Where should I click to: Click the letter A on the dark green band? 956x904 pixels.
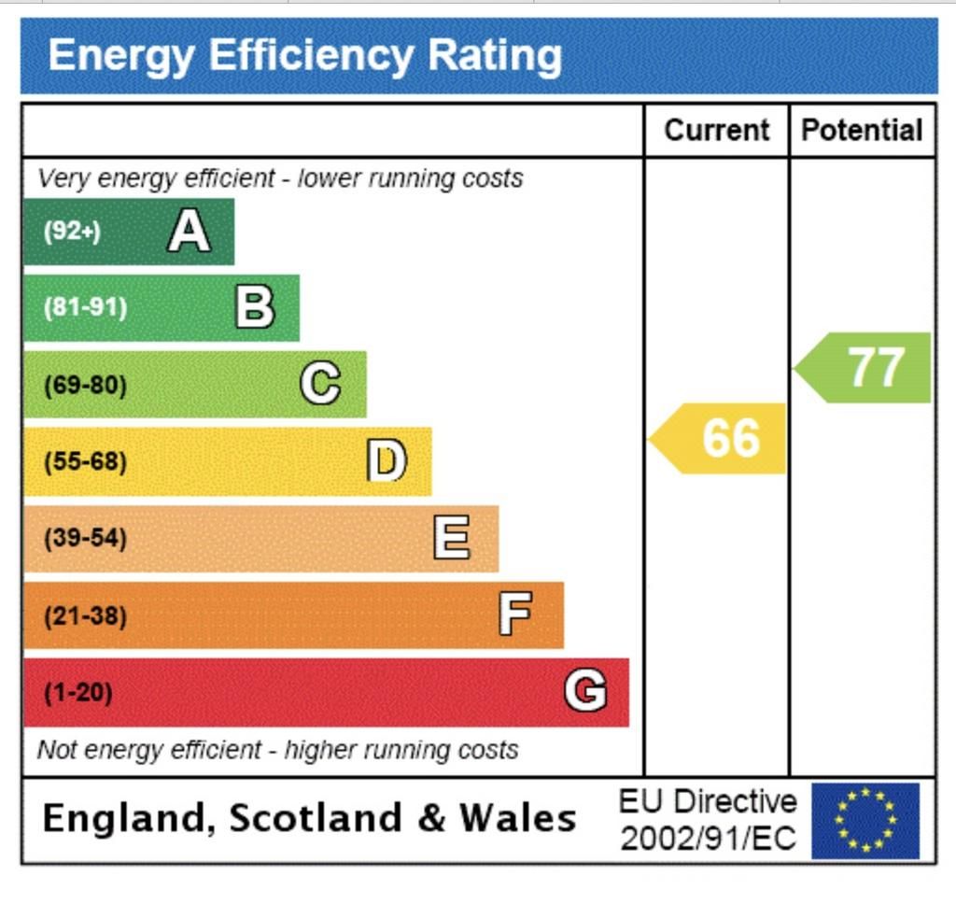coord(189,231)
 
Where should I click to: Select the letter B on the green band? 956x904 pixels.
coord(254,307)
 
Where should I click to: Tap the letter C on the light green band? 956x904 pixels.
coord(320,384)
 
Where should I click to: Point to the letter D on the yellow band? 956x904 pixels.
coord(387,460)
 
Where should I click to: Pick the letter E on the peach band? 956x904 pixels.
coord(452,538)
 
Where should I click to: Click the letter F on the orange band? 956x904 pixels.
coord(515,614)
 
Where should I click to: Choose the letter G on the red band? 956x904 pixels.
coord(585,692)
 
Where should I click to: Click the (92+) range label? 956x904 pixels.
coord(72,232)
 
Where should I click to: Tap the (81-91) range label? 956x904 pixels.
coord(85,308)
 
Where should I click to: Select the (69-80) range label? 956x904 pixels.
coord(85,385)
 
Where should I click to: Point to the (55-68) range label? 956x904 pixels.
coord(85,461)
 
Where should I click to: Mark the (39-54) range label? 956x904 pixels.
coord(85,539)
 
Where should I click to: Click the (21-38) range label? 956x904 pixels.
coord(85,616)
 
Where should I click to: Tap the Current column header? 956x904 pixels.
coord(717,130)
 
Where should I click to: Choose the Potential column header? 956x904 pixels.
coord(862,130)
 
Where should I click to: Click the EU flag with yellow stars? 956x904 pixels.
coord(865,820)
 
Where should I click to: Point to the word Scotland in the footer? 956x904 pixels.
coord(315,818)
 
